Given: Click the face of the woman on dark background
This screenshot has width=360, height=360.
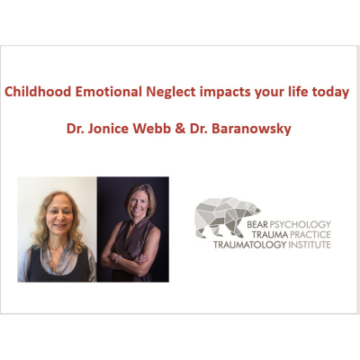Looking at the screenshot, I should tap(131, 209).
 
